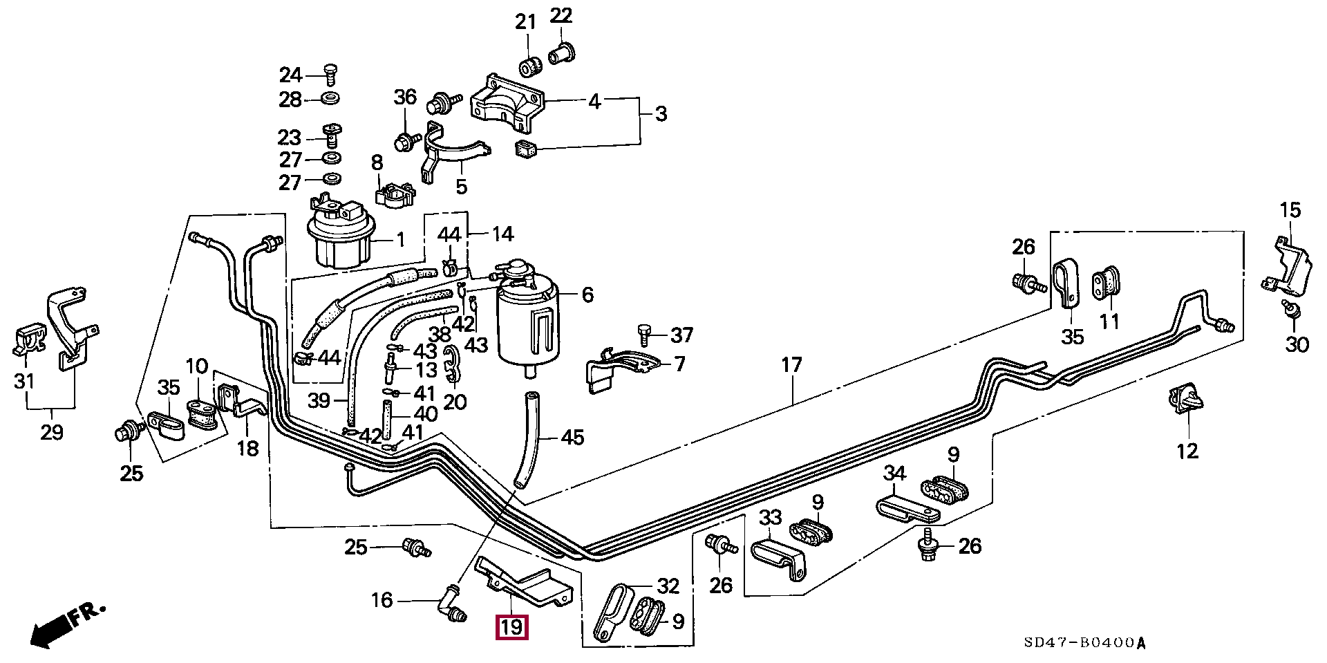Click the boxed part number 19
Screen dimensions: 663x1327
click(511, 627)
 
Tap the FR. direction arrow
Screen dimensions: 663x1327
click(66, 624)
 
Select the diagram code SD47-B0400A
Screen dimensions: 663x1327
click(1084, 643)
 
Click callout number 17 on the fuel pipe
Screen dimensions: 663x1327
click(791, 365)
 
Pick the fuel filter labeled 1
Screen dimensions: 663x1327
click(340, 235)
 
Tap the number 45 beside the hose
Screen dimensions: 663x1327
click(572, 437)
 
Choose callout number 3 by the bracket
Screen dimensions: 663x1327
click(661, 113)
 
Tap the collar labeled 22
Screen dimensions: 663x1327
click(562, 52)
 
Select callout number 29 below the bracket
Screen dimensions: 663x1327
click(51, 433)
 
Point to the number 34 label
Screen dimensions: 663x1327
click(894, 474)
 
